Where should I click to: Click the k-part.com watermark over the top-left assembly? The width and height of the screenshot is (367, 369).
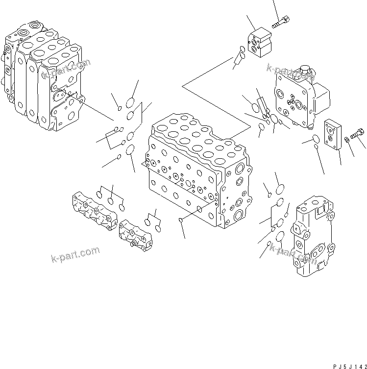coord(67,69)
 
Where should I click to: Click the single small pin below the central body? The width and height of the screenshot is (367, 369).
coord(181,220)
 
